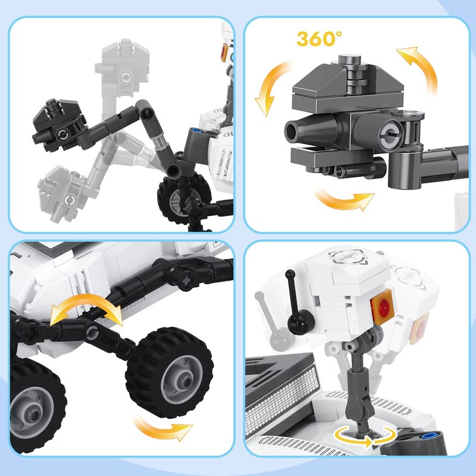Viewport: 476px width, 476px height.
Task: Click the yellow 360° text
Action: [319, 39]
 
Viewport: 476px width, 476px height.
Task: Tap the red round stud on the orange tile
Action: [383, 305]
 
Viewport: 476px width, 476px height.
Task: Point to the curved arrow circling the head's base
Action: [364, 436]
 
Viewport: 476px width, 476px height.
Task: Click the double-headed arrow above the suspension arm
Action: [86, 305]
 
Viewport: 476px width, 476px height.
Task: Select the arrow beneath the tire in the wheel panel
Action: [162, 428]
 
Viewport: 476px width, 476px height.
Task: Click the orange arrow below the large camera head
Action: [344, 199]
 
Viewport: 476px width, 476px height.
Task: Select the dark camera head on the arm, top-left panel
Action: [59, 125]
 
